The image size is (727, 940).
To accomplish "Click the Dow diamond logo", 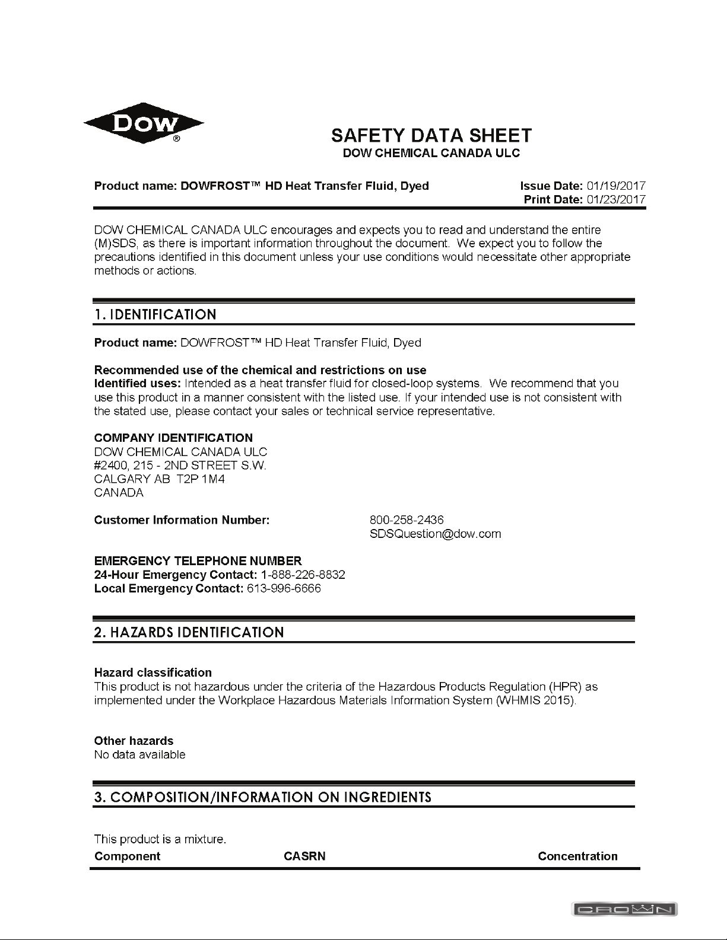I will pyautogui.click(x=144, y=125).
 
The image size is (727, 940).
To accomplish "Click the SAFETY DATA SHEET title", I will pyautogui.click(x=431, y=135).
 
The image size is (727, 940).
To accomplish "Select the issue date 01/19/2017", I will pyautogui.click(x=615, y=186).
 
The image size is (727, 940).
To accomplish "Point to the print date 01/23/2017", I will pyautogui.click(x=615, y=200).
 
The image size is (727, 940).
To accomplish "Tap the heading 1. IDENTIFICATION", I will pyautogui.click(x=155, y=314).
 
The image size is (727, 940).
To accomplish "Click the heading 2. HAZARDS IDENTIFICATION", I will pyautogui.click(x=189, y=632).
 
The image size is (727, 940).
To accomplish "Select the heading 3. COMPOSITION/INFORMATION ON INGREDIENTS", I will pyautogui.click(x=262, y=796).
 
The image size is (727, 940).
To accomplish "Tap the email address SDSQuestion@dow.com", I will pyautogui.click(x=435, y=534).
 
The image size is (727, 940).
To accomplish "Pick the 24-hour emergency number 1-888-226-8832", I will pyautogui.click(x=303, y=575).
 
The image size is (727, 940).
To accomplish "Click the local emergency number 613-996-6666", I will pyautogui.click(x=283, y=588).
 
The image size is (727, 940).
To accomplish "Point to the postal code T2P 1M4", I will pyautogui.click(x=201, y=479).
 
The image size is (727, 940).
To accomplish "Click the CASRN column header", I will pyautogui.click(x=304, y=856).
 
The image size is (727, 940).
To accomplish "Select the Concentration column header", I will pyautogui.click(x=577, y=856).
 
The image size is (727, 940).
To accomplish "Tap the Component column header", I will pyautogui.click(x=127, y=856).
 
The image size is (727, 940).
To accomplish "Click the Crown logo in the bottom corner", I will pyautogui.click(x=625, y=909).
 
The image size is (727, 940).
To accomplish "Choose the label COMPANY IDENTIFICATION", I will pyautogui.click(x=173, y=438).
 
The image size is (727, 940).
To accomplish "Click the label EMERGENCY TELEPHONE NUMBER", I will pyautogui.click(x=198, y=561).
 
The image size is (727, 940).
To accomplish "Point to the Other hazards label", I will pyautogui.click(x=134, y=741).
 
